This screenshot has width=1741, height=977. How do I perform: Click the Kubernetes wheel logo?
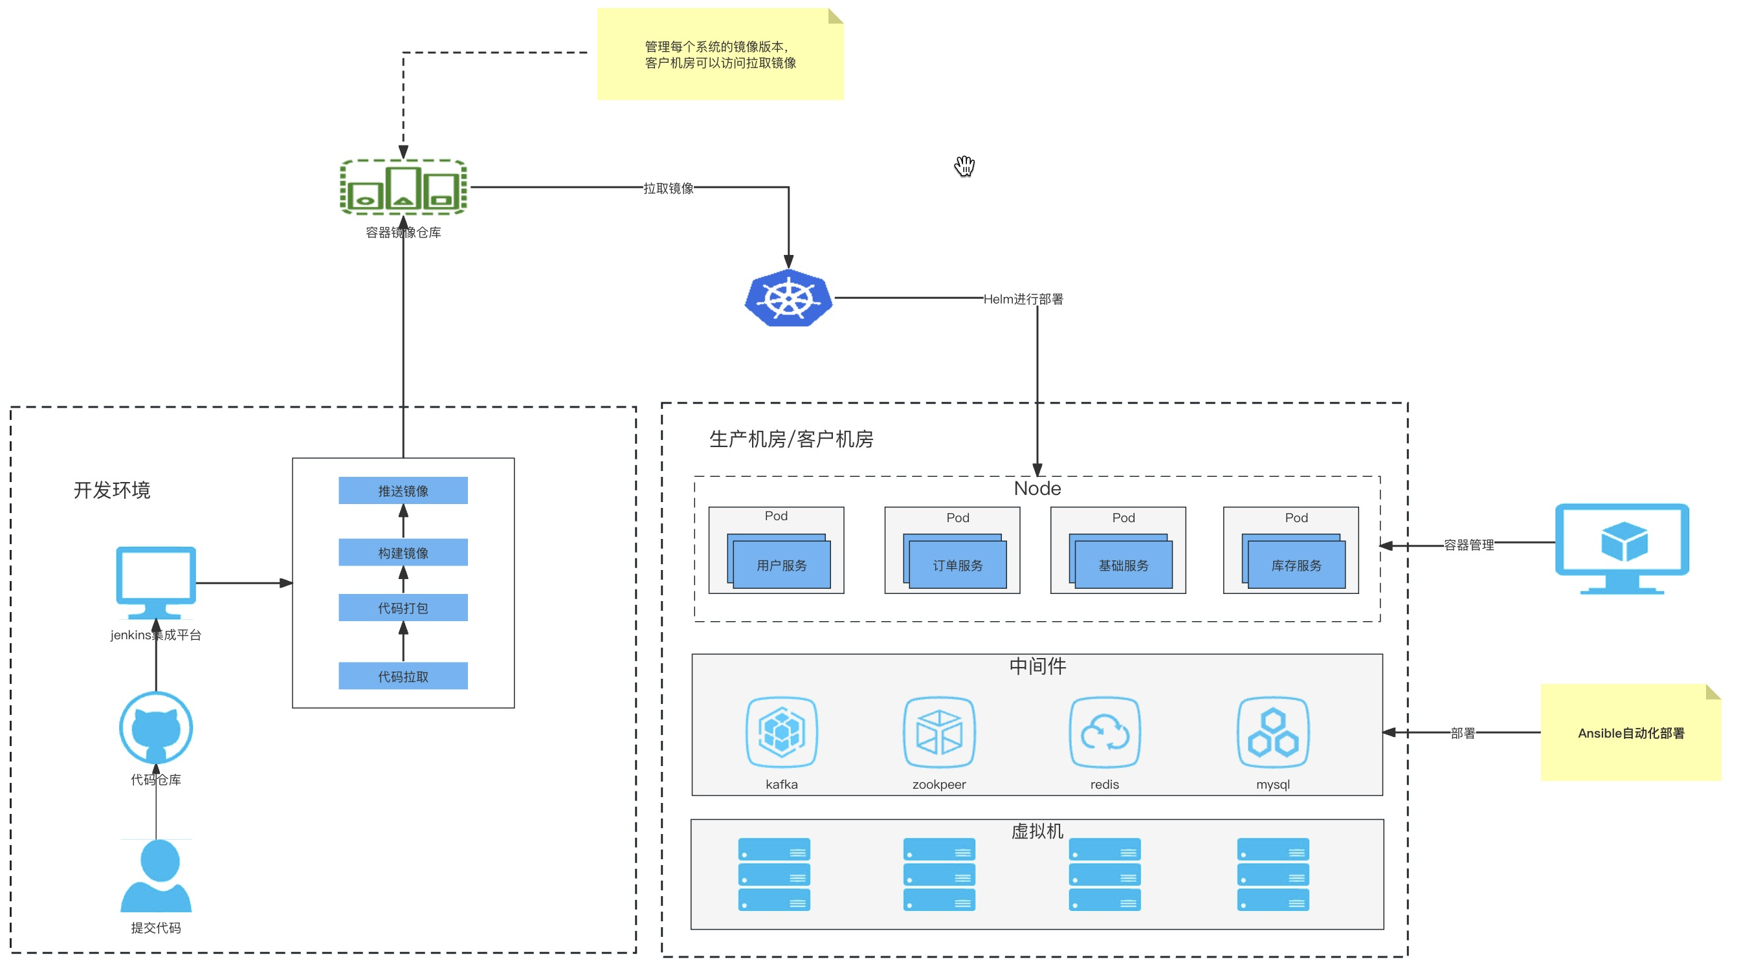pyautogui.click(x=788, y=298)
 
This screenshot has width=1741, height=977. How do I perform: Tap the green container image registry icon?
pyautogui.click(x=403, y=187)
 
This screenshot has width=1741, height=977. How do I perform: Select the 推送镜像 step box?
pyautogui.click(x=403, y=490)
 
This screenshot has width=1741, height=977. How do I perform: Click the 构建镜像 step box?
pyautogui.click(x=403, y=553)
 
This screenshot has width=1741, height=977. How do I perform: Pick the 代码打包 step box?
pyautogui.click(x=403, y=608)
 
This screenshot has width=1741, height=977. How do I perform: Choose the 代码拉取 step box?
pyautogui.click(x=403, y=676)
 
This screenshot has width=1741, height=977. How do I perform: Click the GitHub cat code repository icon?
pyautogui.click(x=156, y=728)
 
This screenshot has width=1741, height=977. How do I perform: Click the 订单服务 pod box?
pyautogui.click(x=957, y=565)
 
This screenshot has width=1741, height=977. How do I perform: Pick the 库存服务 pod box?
pyautogui.click(x=1296, y=565)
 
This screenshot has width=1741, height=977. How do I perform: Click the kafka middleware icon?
pyautogui.click(x=781, y=733)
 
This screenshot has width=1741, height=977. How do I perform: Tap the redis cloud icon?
pyautogui.click(x=1104, y=733)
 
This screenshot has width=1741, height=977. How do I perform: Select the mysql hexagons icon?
pyautogui.click(x=1272, y=733)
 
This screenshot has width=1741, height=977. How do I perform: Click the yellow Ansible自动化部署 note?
pyautogui.click(x=1630, y=733)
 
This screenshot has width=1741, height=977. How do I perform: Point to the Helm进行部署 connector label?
pyautogui.click(x=1023, y=299)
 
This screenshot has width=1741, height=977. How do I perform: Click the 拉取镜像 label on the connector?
pyautogui.click(x=669, y=188)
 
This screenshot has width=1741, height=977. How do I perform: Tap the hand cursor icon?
pyautogui.click(x=964, y=166)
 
